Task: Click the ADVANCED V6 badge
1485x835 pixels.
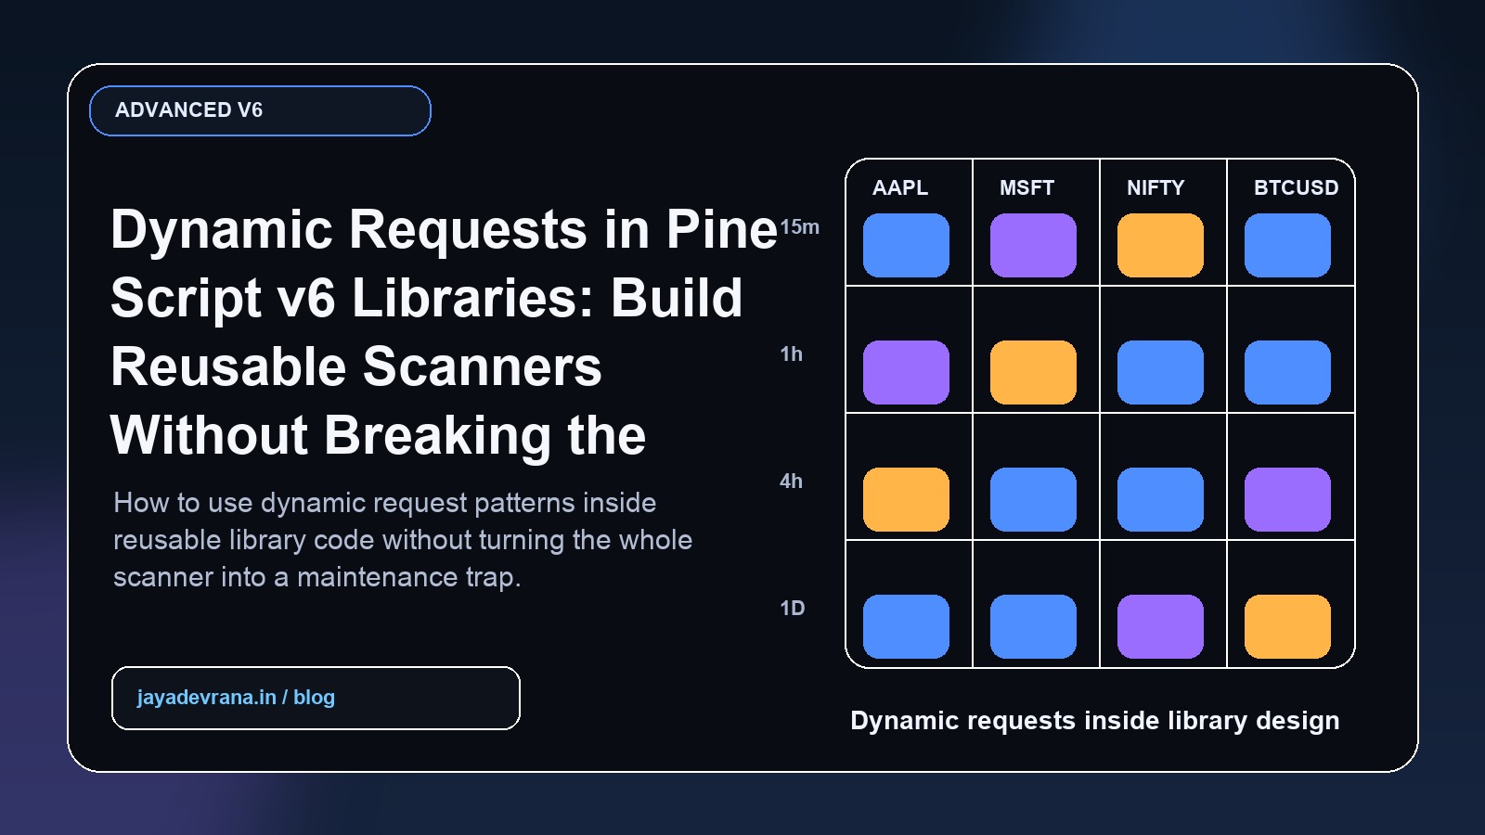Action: [260, 110]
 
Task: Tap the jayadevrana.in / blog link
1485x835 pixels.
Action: [236, 698]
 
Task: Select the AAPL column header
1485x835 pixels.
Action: [900, 187]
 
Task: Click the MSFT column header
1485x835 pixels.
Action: [1027, 187]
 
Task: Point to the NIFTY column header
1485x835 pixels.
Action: [1156, 187]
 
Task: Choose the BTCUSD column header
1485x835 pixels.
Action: [1296, 187]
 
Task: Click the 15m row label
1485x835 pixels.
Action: [799, 227]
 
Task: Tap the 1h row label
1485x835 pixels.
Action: [791, 354]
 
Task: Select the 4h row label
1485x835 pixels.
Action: [791, 482]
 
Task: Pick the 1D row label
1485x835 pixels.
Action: [792, 609]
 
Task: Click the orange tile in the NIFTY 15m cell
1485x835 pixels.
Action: [1160, 246]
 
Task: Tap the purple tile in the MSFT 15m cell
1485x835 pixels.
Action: [1033, 246]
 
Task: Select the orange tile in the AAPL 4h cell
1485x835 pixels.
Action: [906, 500]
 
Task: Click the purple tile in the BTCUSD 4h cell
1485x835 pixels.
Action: [1287, 500]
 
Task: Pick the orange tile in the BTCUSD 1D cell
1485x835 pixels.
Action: [1287, 627]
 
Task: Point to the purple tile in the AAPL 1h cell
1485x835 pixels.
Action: [906, 373]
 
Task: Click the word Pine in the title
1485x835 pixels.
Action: [721, 229]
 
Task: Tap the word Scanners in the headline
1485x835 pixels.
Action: [482, 366]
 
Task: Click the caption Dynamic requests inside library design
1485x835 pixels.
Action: [1094, 721]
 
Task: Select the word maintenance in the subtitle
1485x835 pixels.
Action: [377, 577]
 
